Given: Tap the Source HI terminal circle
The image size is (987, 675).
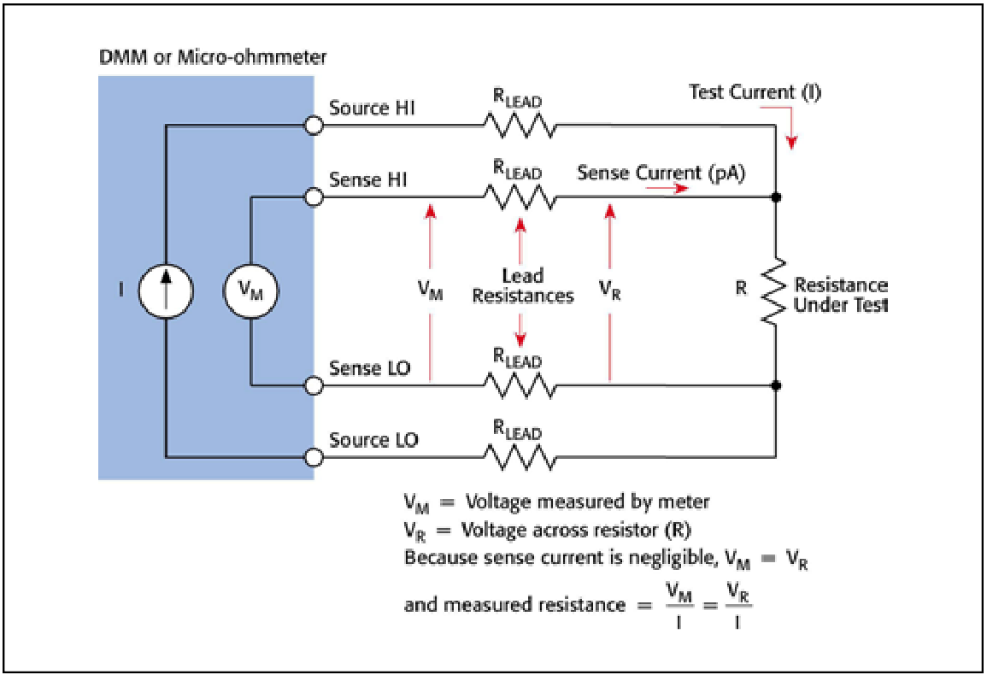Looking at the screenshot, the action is [314, 126].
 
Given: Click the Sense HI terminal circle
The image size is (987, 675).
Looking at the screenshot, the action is [314, 197].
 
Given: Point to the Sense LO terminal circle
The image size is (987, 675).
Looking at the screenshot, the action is [314, 384].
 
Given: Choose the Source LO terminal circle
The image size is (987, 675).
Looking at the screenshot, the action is [314, 457].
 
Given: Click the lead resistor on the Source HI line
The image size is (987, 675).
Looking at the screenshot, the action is [520, 126].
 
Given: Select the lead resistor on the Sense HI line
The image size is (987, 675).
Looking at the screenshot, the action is [520, 197].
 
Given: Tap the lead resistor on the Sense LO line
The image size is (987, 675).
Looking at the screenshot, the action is [520, 384].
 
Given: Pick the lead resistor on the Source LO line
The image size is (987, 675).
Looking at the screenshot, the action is [520, 458].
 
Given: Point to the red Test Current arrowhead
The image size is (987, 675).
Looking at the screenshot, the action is [792, 143].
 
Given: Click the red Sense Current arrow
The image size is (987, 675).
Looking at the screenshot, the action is [667, 188].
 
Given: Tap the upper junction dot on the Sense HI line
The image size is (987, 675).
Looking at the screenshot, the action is [776, 197].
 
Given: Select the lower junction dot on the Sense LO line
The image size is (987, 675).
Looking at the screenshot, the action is [776, 384].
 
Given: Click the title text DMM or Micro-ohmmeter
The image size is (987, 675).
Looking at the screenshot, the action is [213, 57].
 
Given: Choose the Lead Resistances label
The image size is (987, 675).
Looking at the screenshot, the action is [522, 286].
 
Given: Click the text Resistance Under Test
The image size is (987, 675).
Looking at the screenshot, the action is [841, 295].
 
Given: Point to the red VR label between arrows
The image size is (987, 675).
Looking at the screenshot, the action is [609, 291].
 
